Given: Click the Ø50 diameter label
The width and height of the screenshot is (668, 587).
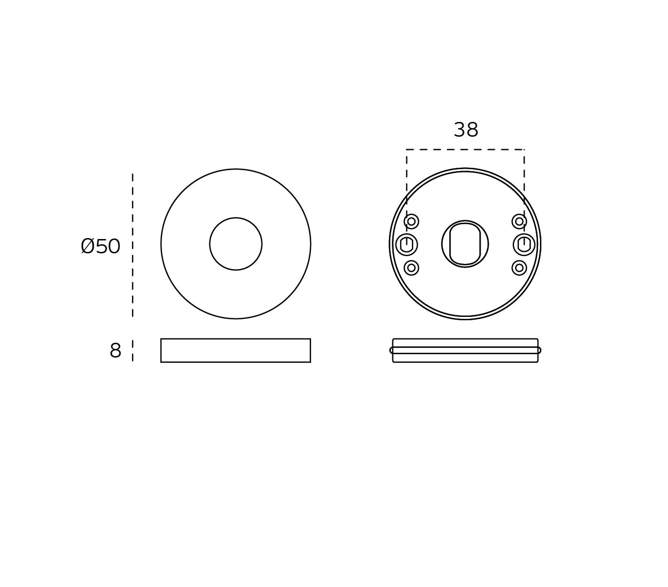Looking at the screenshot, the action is [x=100, y=246].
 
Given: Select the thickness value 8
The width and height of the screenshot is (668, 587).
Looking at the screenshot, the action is [x=116, y=350].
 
